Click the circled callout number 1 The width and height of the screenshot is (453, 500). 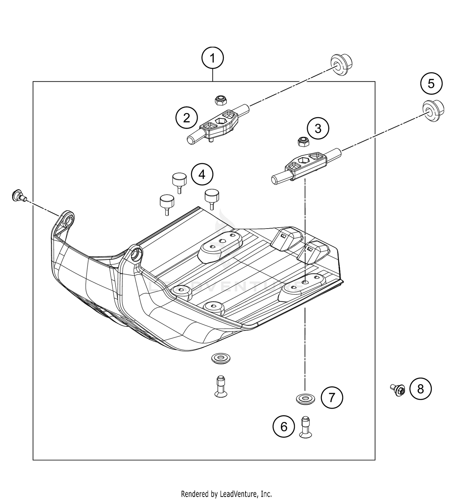[x=213, y=58]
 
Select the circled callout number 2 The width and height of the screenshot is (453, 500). [x=186, y=118]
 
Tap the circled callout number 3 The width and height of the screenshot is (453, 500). [x=318, y=128]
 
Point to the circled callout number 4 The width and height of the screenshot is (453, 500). [x=202, y=174]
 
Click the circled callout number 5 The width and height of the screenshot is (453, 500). [x=431, y=83]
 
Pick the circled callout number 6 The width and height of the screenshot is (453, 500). [x=284, y=427]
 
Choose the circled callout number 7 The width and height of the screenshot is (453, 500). [x=332, y=398]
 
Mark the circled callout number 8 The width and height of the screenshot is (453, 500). [x=420, y=389]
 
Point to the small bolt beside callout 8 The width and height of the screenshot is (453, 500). [x=398, y=390]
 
